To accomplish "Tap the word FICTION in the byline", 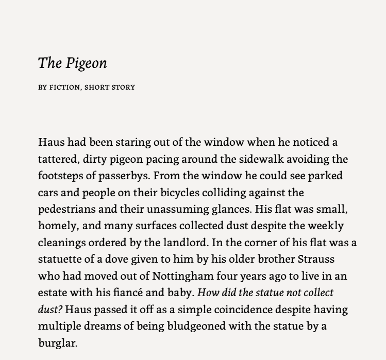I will [x=64, y=87].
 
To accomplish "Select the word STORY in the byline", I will [x=124, y=87].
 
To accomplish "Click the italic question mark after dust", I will [x=61, y=310].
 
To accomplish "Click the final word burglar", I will [x=57, y=343].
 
